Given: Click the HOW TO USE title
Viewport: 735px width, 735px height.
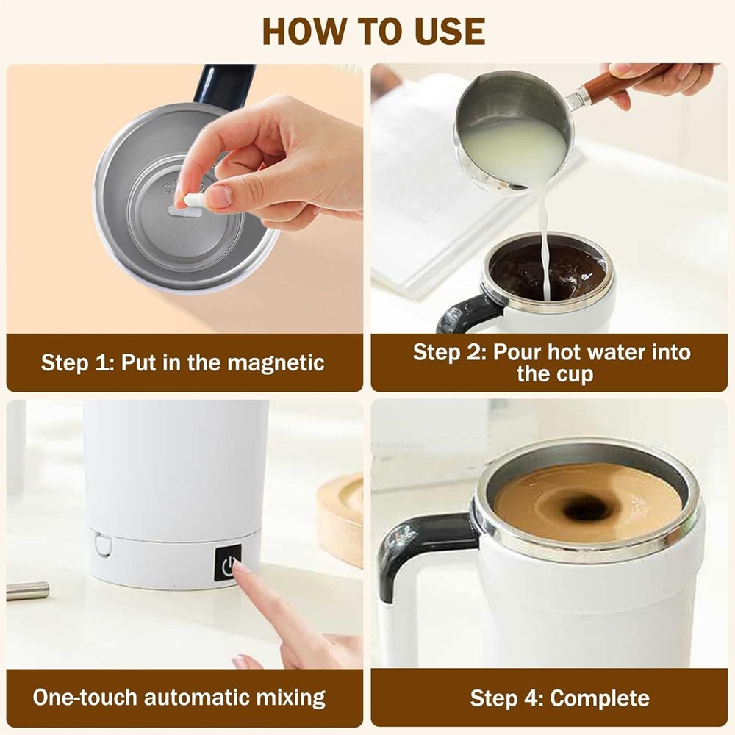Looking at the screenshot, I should point(373,30).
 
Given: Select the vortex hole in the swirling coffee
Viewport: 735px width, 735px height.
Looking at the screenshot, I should point(586,508).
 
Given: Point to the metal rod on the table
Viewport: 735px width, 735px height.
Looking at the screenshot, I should point(28,590).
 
